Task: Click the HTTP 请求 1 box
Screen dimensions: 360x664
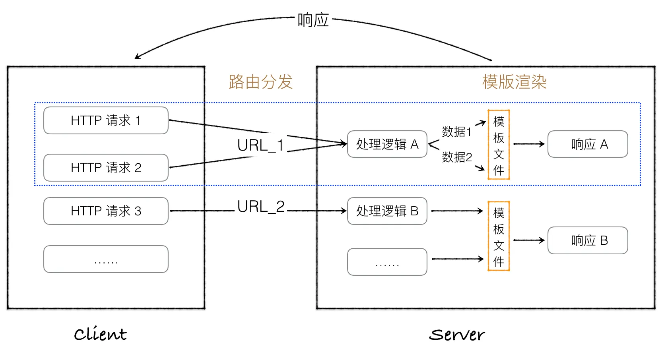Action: [x=106, y=120]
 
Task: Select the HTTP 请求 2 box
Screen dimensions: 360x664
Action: [x=106, y=168]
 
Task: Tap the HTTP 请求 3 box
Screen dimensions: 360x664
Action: [x=106, y=211]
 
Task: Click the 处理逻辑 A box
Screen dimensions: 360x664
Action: [x=387, y=144]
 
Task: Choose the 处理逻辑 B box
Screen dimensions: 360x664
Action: [x=387, y=211]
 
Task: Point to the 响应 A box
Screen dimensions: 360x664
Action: [x=588, y=144]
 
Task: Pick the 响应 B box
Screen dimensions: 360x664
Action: [x=588, y=240]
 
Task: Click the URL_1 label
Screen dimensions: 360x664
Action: [x=260, y=145]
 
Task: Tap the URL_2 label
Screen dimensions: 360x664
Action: [x=261, y=207]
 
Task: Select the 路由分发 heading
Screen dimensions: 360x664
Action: [x=260, y=82]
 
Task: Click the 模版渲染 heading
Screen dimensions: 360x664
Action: [x=515, y=82]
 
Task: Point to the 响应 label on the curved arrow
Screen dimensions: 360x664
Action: [x=313, y=20]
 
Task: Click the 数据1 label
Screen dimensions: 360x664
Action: [x=456, y=132]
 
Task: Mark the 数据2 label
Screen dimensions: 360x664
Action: [x=457, y=157]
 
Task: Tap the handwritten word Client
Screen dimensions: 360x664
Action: [x=100, y=334]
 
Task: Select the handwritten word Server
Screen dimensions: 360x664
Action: [x=457, y=335]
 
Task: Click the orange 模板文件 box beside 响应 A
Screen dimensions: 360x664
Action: [x=499, y=145]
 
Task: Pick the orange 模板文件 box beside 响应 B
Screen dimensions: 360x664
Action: [x=499, y=236]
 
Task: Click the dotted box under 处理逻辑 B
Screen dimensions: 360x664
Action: [x=387, y=262]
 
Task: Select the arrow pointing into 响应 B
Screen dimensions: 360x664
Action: [x=529, y=240]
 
